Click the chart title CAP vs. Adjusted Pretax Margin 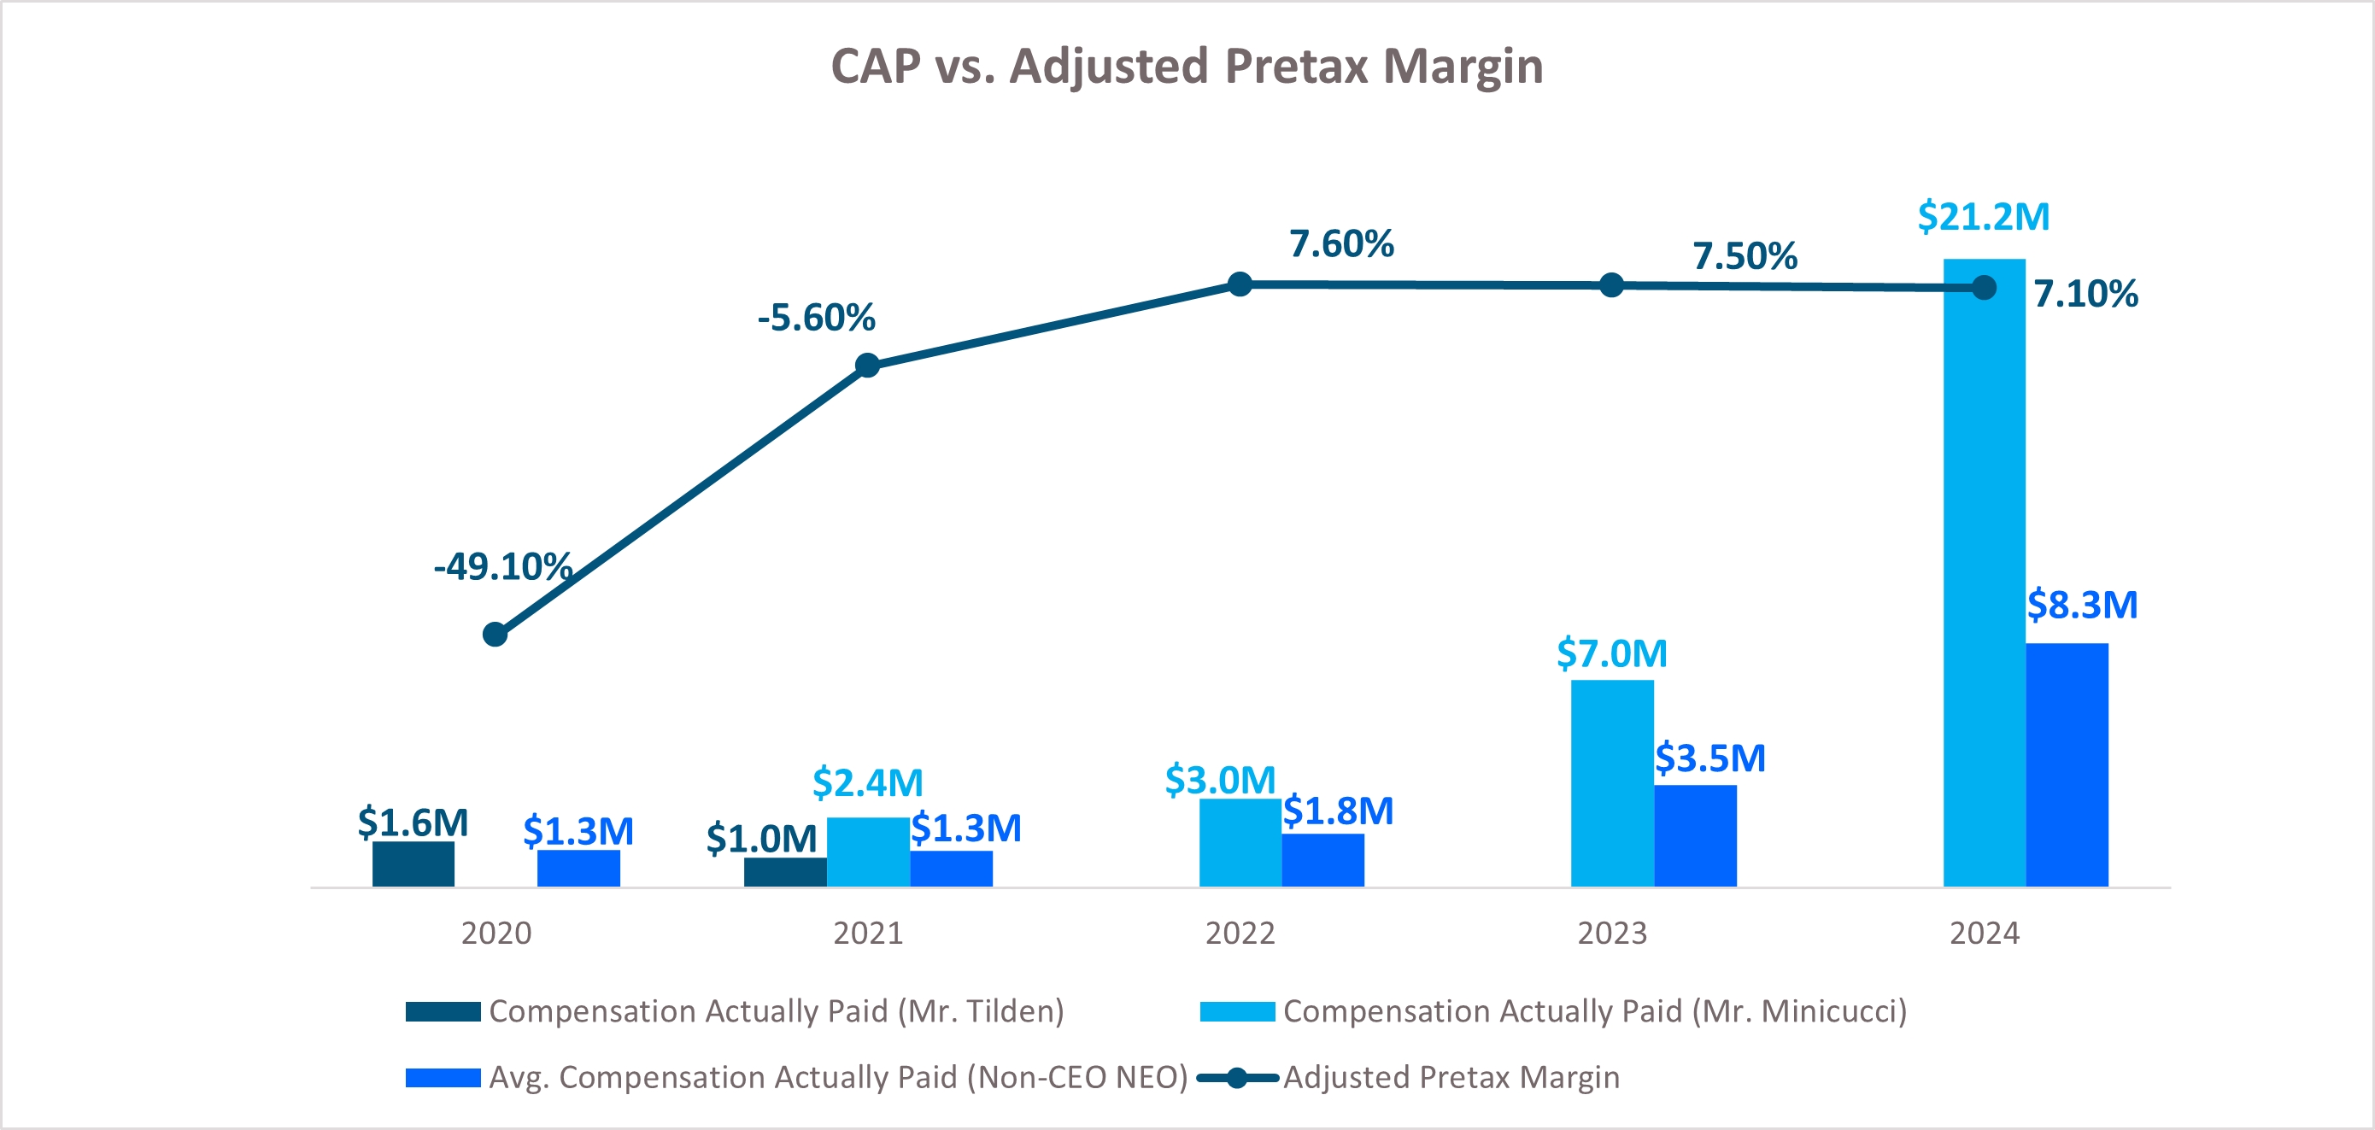pyautogui.click(x=1187, y=67)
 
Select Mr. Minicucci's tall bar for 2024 pyautogui.click(x=1983, y=571)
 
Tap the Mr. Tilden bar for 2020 pyautogui.click(x=413, y=864)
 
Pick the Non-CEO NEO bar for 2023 pyautogui.click(x=1695, y=835)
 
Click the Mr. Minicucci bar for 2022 pyautogui.click(x=1239, y=842)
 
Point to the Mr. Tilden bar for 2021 pyautogui.click(x=784, y=872)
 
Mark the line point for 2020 pyautogui.click(x=496, y=634)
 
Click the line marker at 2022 pyautogui.click(x=1240, y=284)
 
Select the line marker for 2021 pyautogui.click(x=866, y=366)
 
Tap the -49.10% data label pyautogui.click(x=502, y=566)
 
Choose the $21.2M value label pyautogui.click(x=1983, y=217)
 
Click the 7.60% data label pyautogui.click(x=1340, y=244)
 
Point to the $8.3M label pyautogui.click(x=2082, y=605)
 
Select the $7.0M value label pyautogui.click(x=1611, y=653)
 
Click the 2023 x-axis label pyautogui.click(x=1611, y=933)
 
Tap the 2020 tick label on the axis pyautogui.click(x=496, y=933)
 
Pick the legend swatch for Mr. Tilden pyautogui.click(x=443, y=1011)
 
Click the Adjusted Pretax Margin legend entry pyautogui.click(x=1451, y=1076)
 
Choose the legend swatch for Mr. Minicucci pyautogui.click(x=1237, y=1011)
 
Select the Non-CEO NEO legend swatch pyautogui.click(x=443, y=1076)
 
